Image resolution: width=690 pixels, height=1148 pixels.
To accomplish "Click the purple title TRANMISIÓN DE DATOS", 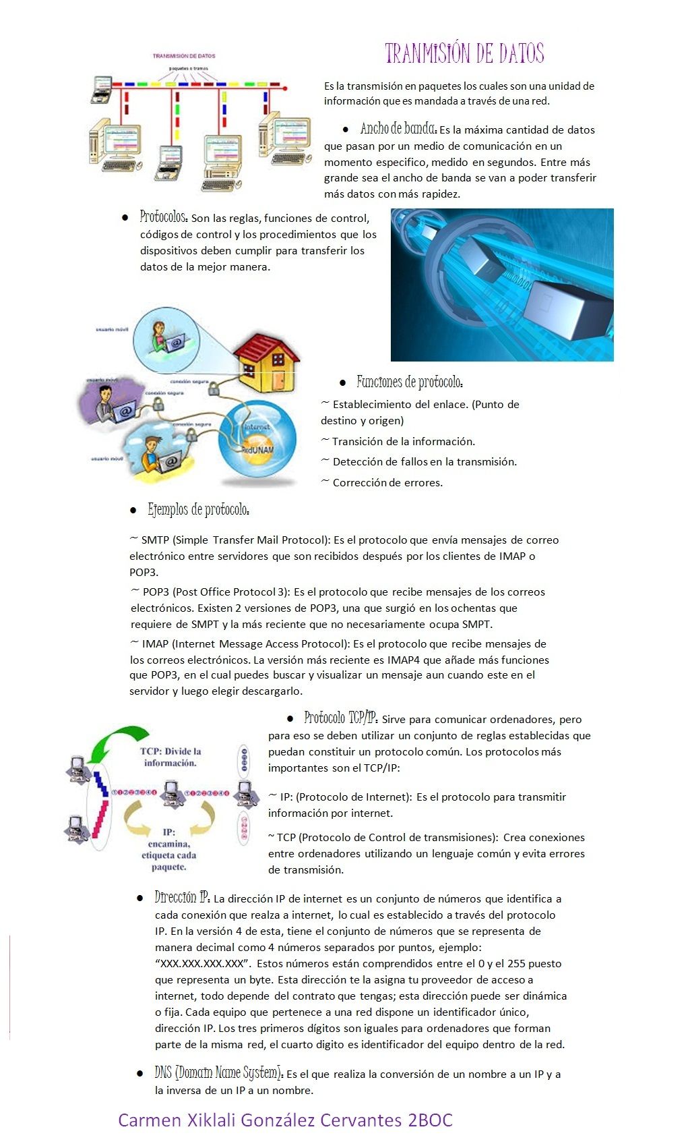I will [x=464, y=53].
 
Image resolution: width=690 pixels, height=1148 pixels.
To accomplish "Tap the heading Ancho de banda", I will [x=398, y=129].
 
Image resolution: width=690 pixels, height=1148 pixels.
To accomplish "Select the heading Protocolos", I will [x=164, y=217].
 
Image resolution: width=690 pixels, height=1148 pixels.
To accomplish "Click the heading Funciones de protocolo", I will [x=410, y=382].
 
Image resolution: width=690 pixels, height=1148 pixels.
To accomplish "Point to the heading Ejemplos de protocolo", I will [x=199, y=510].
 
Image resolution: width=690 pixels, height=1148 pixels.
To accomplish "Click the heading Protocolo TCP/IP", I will [x=340, y=718].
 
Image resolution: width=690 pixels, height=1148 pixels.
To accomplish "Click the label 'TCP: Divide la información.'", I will [x=170, y=757].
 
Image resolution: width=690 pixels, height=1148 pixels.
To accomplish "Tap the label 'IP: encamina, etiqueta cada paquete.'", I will [x=169, y=849].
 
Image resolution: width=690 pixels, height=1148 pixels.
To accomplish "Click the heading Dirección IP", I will [x=182, y=898].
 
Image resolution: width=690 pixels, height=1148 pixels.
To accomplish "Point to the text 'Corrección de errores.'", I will [x=387, y=483].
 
